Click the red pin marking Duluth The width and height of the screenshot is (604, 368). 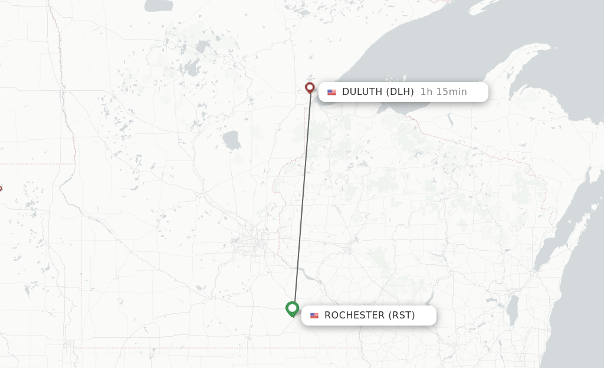310,88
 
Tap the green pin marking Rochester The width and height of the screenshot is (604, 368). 292,308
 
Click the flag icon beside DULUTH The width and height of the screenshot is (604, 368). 331,92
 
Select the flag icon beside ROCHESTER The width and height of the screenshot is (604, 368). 314,316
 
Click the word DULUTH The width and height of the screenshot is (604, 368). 362,92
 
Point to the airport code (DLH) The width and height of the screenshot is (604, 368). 400,92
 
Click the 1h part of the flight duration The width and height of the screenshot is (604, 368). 425,92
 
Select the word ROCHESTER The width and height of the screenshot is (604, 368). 354,316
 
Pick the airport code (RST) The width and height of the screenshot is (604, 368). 402,316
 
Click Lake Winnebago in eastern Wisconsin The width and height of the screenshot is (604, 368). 513,307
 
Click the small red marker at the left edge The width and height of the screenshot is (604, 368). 1,189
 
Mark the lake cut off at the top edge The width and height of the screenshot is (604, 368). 158,5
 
